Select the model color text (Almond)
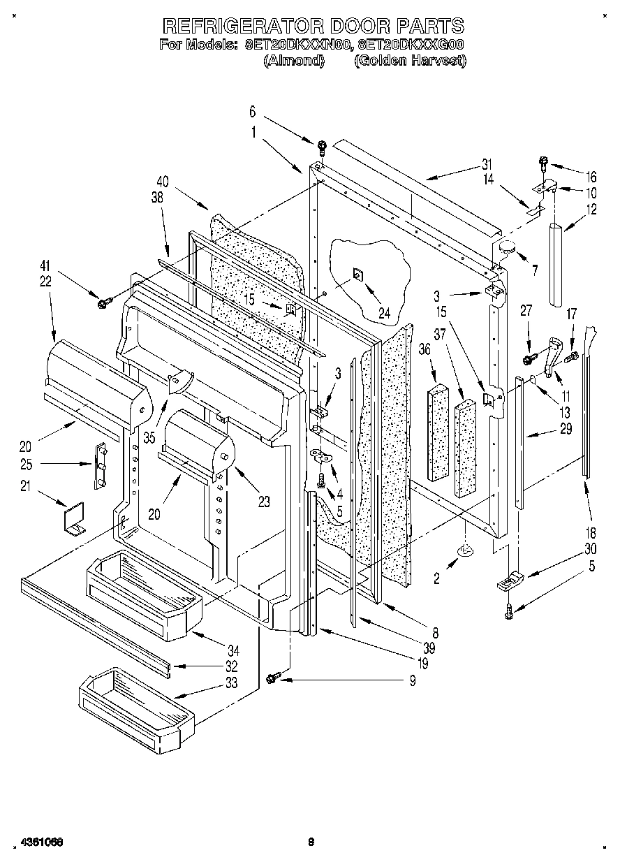point(294,61)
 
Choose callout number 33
point(230,682)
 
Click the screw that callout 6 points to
point(322,147)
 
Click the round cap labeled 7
point(506,246)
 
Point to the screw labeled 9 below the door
point(274,676)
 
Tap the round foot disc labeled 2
point(464,553)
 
